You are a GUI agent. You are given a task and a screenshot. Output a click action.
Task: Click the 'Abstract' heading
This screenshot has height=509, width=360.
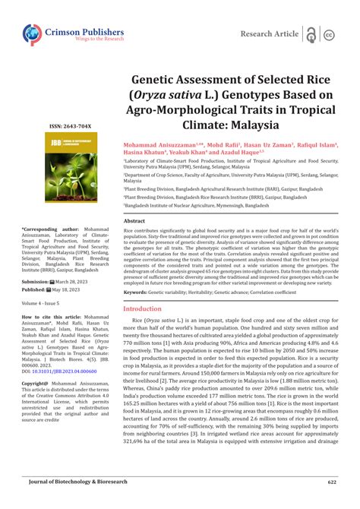(x=134, y=220)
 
